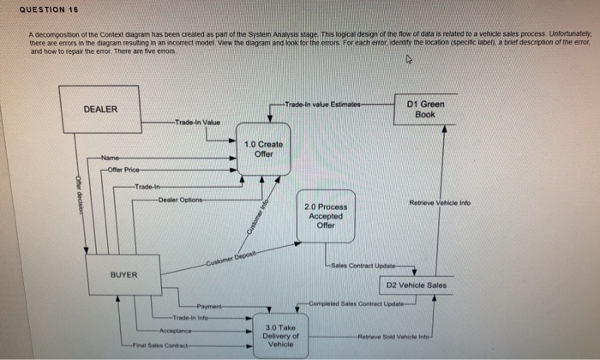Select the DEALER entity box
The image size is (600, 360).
100,111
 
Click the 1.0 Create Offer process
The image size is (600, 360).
264,149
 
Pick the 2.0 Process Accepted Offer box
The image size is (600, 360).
325,215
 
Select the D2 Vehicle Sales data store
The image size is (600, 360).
417,285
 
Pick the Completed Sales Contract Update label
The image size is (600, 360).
359,303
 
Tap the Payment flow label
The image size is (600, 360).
210,306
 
